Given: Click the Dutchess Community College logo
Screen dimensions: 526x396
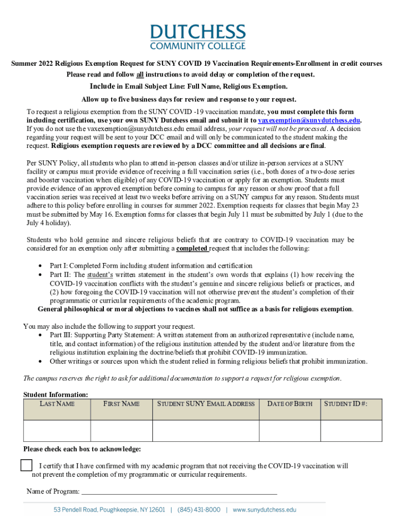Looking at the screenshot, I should [197, 36].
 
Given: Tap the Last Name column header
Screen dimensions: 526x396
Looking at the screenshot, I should [57, 404].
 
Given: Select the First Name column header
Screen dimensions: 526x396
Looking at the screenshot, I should [121, 404].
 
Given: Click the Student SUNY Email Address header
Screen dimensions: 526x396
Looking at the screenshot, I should [206, 404].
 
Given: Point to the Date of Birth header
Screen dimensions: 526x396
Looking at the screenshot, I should [290, 404].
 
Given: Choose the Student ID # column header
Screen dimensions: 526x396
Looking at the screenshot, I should [345, 404].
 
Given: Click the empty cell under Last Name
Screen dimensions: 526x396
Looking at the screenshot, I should [57, 430].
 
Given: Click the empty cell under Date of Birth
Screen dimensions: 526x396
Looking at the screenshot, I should [290, 430].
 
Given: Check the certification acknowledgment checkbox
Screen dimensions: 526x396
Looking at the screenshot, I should [26, 465].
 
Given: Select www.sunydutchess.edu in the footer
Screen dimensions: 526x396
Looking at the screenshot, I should [264, 510].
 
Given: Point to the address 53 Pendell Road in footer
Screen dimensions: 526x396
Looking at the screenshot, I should [110, 510].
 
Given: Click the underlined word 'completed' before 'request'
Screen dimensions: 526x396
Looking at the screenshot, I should [192, 249].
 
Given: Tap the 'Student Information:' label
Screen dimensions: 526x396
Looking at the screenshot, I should [56, 394].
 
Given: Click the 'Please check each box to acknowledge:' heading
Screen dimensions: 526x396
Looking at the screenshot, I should [82, 449].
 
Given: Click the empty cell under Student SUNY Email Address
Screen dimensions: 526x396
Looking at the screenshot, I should [206, 430].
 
